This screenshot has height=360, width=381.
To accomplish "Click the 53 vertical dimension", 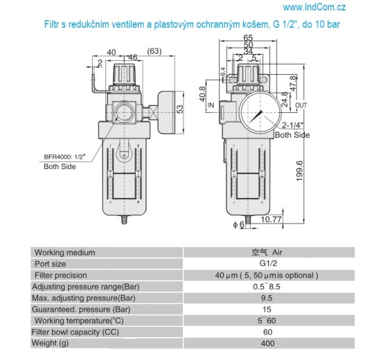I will coord(181,109).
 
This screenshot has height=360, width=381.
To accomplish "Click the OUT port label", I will coord(301,105).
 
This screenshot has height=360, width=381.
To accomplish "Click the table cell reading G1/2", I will coord(267,264).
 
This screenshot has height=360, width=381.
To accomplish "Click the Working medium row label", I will coord(65,252).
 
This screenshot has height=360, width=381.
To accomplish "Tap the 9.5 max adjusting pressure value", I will coord(267,298).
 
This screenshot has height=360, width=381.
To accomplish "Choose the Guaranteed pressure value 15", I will coord(267,309).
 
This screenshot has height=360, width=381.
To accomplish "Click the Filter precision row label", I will coord(63,275).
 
